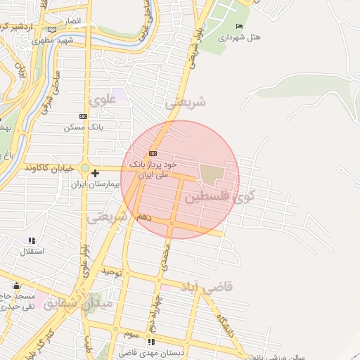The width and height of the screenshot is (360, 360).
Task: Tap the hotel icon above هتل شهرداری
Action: [239, 27]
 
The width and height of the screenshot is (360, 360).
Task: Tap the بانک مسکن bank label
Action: [84, 127]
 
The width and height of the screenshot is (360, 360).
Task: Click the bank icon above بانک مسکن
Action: [84, 116]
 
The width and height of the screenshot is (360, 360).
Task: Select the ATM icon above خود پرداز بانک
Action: [153, 153]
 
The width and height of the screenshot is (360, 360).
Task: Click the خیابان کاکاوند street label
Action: [49, 168]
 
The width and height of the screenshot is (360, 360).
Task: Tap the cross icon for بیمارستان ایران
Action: [96, 172]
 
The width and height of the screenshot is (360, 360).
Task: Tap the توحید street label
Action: [112, 271]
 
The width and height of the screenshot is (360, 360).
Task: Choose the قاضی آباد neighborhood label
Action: [209, 288]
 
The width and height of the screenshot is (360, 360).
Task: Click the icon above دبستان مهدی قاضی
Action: [152, 342]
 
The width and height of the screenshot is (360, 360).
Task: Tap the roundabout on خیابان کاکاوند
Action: [85, 169]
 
